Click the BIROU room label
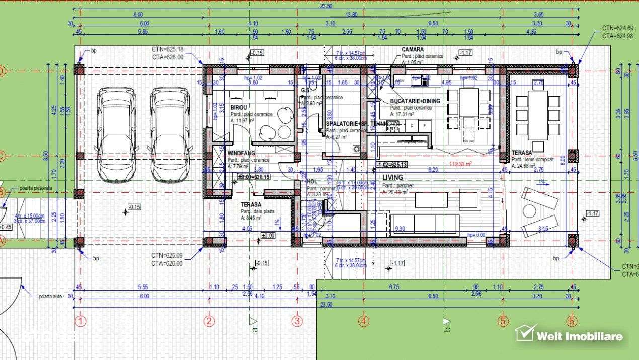[x=238, y=108]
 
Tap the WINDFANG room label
[x=242, y=153]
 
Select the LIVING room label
[x=393, y=178]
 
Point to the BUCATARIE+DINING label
[x=415, y=101]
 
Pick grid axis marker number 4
[x=364, y=321]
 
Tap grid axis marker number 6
[x=572, y=321]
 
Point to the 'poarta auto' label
[x=50, y=296]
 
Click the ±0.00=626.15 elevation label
[x=255, y=177]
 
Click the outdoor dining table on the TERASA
[x=537, y=115]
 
